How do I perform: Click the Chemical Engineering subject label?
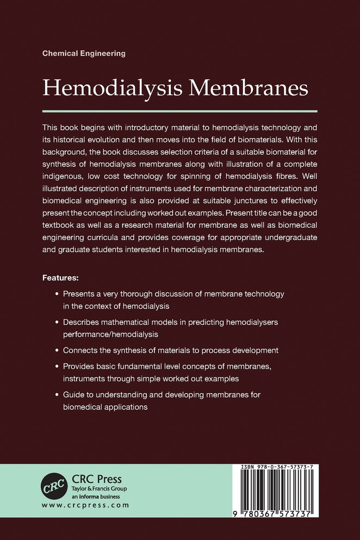pyautogui.click(x=84, y=53)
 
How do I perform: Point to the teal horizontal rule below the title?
pyautogui.click(x=179, y=110)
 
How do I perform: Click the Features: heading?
pyautogui.click(x=60, y=278)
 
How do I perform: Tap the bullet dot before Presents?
pyautogui.click(x=58, y=294)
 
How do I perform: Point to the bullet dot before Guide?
pyautogui.click(x=58, y=393)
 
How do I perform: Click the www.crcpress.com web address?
pyautogui.click(x=85, y=506)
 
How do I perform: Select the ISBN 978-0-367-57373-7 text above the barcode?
pyautogui.click(x=278, y=468)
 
